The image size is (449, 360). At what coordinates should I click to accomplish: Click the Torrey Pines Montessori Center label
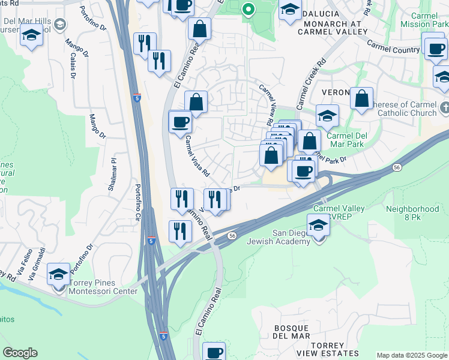(104, 287)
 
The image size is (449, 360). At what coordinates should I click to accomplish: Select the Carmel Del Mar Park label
(346, 140)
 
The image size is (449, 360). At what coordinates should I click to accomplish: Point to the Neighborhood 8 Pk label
(412, 214)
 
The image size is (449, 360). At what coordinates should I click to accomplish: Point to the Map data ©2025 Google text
(412, 355)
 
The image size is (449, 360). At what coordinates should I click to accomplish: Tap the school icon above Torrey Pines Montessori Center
(58, 274)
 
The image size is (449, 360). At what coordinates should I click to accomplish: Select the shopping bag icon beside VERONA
(362, 100)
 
